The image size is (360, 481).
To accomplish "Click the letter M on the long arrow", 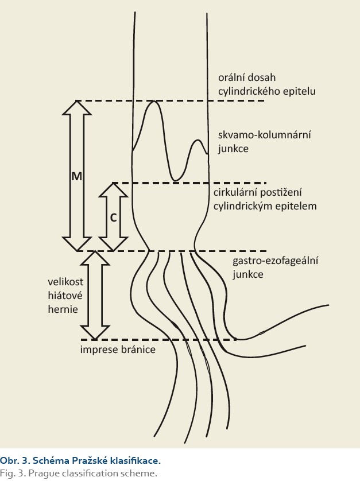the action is coord(77,176).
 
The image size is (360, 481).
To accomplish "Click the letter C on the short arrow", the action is coord(113,218).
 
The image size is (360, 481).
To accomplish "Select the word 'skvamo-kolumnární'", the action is coord(265,135).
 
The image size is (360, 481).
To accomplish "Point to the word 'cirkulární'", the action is coord(235,192).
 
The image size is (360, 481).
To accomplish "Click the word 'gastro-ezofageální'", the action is coord(275,261).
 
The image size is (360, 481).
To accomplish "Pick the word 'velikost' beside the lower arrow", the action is coord(65,282).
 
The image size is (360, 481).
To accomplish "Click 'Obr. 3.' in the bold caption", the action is coord(15,460).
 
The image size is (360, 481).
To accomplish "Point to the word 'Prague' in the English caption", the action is coord(44,474).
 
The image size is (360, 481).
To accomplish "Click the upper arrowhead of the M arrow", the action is coord(77,108).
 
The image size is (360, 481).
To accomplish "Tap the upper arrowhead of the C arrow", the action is coord(113,189).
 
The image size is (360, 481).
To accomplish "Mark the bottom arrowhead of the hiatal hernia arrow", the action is coord(95,332).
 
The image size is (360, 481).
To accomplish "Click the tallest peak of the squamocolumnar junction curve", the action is coord(153,101).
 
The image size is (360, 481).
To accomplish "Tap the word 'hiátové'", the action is coord(65,296).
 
